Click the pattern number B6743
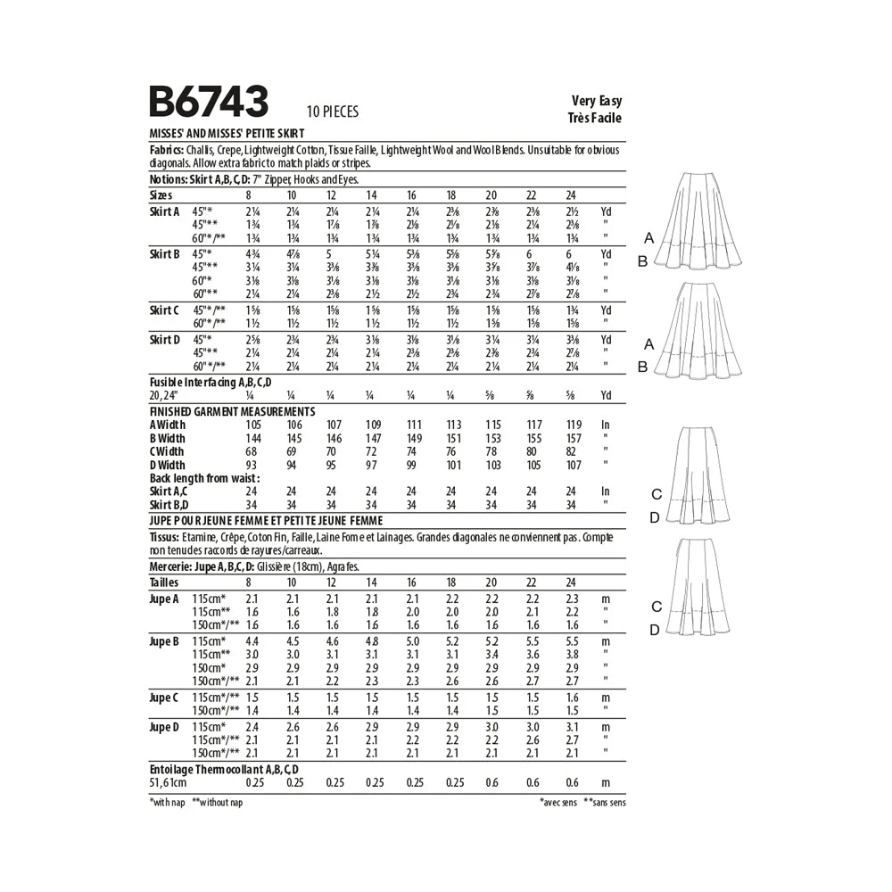(x=208, y=102)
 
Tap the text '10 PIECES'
(x=332, y=111)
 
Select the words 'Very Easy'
(x=597, y=101)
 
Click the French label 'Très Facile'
(x=594, y=118)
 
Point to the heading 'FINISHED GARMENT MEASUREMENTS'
(x=232, y=411)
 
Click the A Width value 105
(x=253, y=425)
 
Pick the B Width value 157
(x=574, y=438)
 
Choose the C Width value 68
(x=251, y=451)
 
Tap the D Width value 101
(x=453, y=466)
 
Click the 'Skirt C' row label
(x=164, y=310)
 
